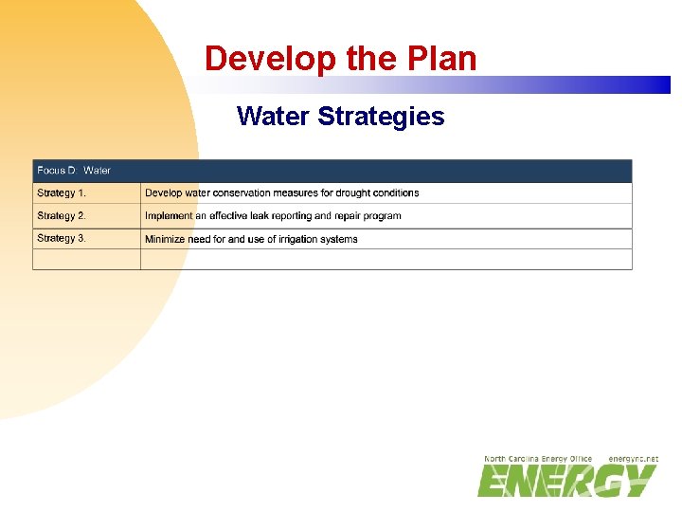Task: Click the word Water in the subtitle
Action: [274, 117]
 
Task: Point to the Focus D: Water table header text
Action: [74, 171]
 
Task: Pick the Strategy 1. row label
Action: [62, 193]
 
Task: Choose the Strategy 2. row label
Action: [62, 216]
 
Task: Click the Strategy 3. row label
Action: [62, 239]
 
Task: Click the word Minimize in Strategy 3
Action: [166, 240]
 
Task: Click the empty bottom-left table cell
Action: [86, 260]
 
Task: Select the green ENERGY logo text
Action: [566, 481]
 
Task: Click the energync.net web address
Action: [633, 459]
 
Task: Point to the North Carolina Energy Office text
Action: [538, 459]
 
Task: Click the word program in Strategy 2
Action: [384, 216]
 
